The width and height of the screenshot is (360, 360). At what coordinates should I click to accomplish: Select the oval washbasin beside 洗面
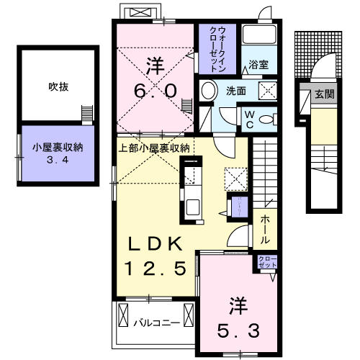[209, 91]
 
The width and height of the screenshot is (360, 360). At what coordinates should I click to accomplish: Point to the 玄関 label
[322, 93]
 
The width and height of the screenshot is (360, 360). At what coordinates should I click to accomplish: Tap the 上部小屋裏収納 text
[153, 148]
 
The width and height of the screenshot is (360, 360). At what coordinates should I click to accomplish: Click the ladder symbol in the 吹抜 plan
[88, 114]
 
